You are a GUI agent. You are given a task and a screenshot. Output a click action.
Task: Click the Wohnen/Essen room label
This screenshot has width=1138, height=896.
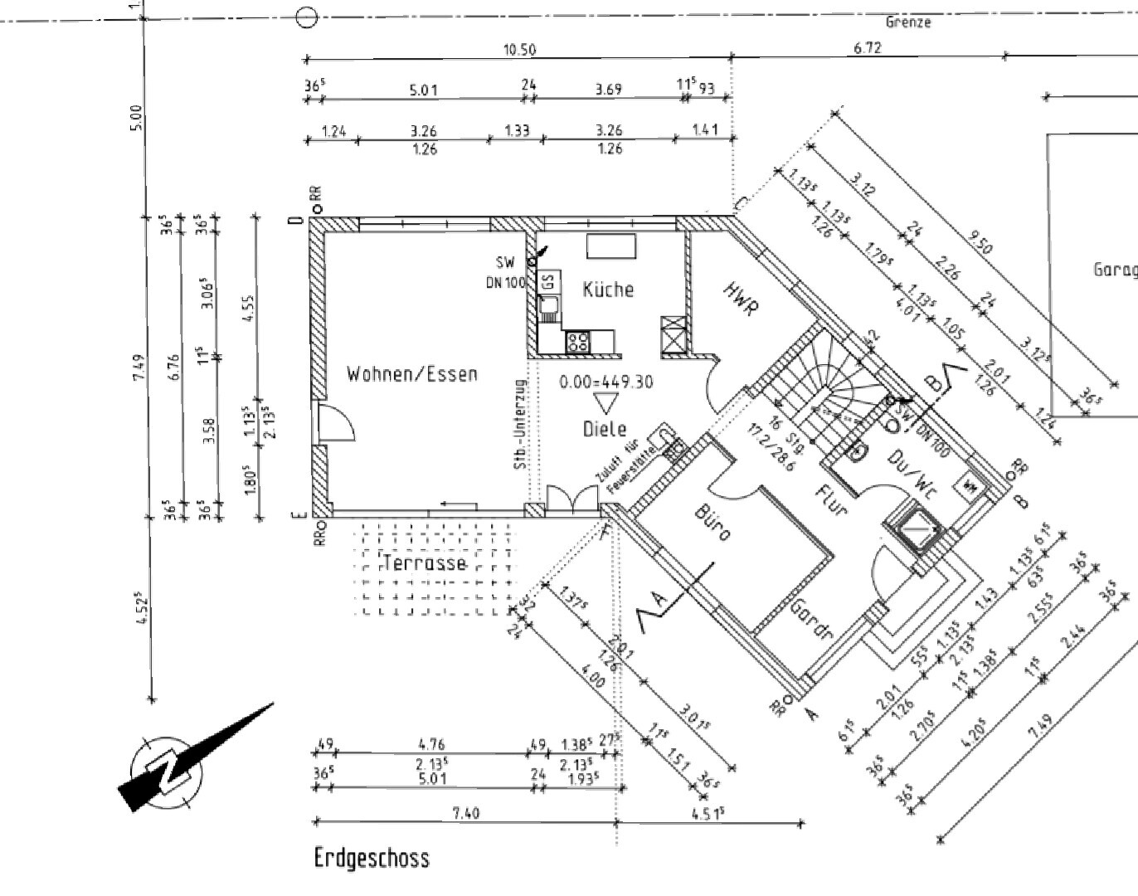click(x=411, y=374)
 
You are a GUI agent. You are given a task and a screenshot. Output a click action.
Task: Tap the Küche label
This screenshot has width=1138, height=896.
click(x=608, y=290)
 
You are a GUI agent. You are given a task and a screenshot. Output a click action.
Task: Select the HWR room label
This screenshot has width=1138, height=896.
click(x=741, y=299)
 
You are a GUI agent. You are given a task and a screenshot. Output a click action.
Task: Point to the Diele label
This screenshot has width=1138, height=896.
click(x=604, y=429)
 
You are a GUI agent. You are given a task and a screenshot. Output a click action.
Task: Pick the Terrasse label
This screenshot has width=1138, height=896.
click(x=425, y=563)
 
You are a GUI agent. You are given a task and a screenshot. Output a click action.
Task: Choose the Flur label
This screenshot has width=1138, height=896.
click(x=829, y=500)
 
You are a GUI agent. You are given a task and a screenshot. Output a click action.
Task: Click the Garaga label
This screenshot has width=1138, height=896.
click(x=1114, y=270)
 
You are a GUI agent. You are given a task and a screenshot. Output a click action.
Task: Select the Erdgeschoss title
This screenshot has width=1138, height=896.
click(x=372, y=858)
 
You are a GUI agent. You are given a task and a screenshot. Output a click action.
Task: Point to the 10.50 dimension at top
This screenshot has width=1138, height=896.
click(x=519, y=50)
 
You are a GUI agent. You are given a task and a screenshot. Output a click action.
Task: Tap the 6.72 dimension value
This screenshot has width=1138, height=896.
click(x=868, y=47)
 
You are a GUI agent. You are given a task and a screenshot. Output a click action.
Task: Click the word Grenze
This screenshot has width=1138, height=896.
click(x=908, y=22)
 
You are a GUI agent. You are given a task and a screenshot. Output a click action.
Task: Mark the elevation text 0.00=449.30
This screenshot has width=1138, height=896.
click(x=605, y=382)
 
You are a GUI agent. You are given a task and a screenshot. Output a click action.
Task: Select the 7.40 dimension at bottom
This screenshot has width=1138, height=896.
click(x=466, y=813)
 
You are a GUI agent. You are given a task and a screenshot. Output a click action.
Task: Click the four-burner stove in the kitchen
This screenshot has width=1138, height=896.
click(x=578, y=341)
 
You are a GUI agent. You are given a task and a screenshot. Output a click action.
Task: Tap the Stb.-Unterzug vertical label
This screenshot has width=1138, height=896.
click(x=521, y=425)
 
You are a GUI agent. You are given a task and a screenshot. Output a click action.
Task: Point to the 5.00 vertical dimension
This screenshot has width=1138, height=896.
click(x=137, y=117)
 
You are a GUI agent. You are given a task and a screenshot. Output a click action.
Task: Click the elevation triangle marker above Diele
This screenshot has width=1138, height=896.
click(x=605, y=404)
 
